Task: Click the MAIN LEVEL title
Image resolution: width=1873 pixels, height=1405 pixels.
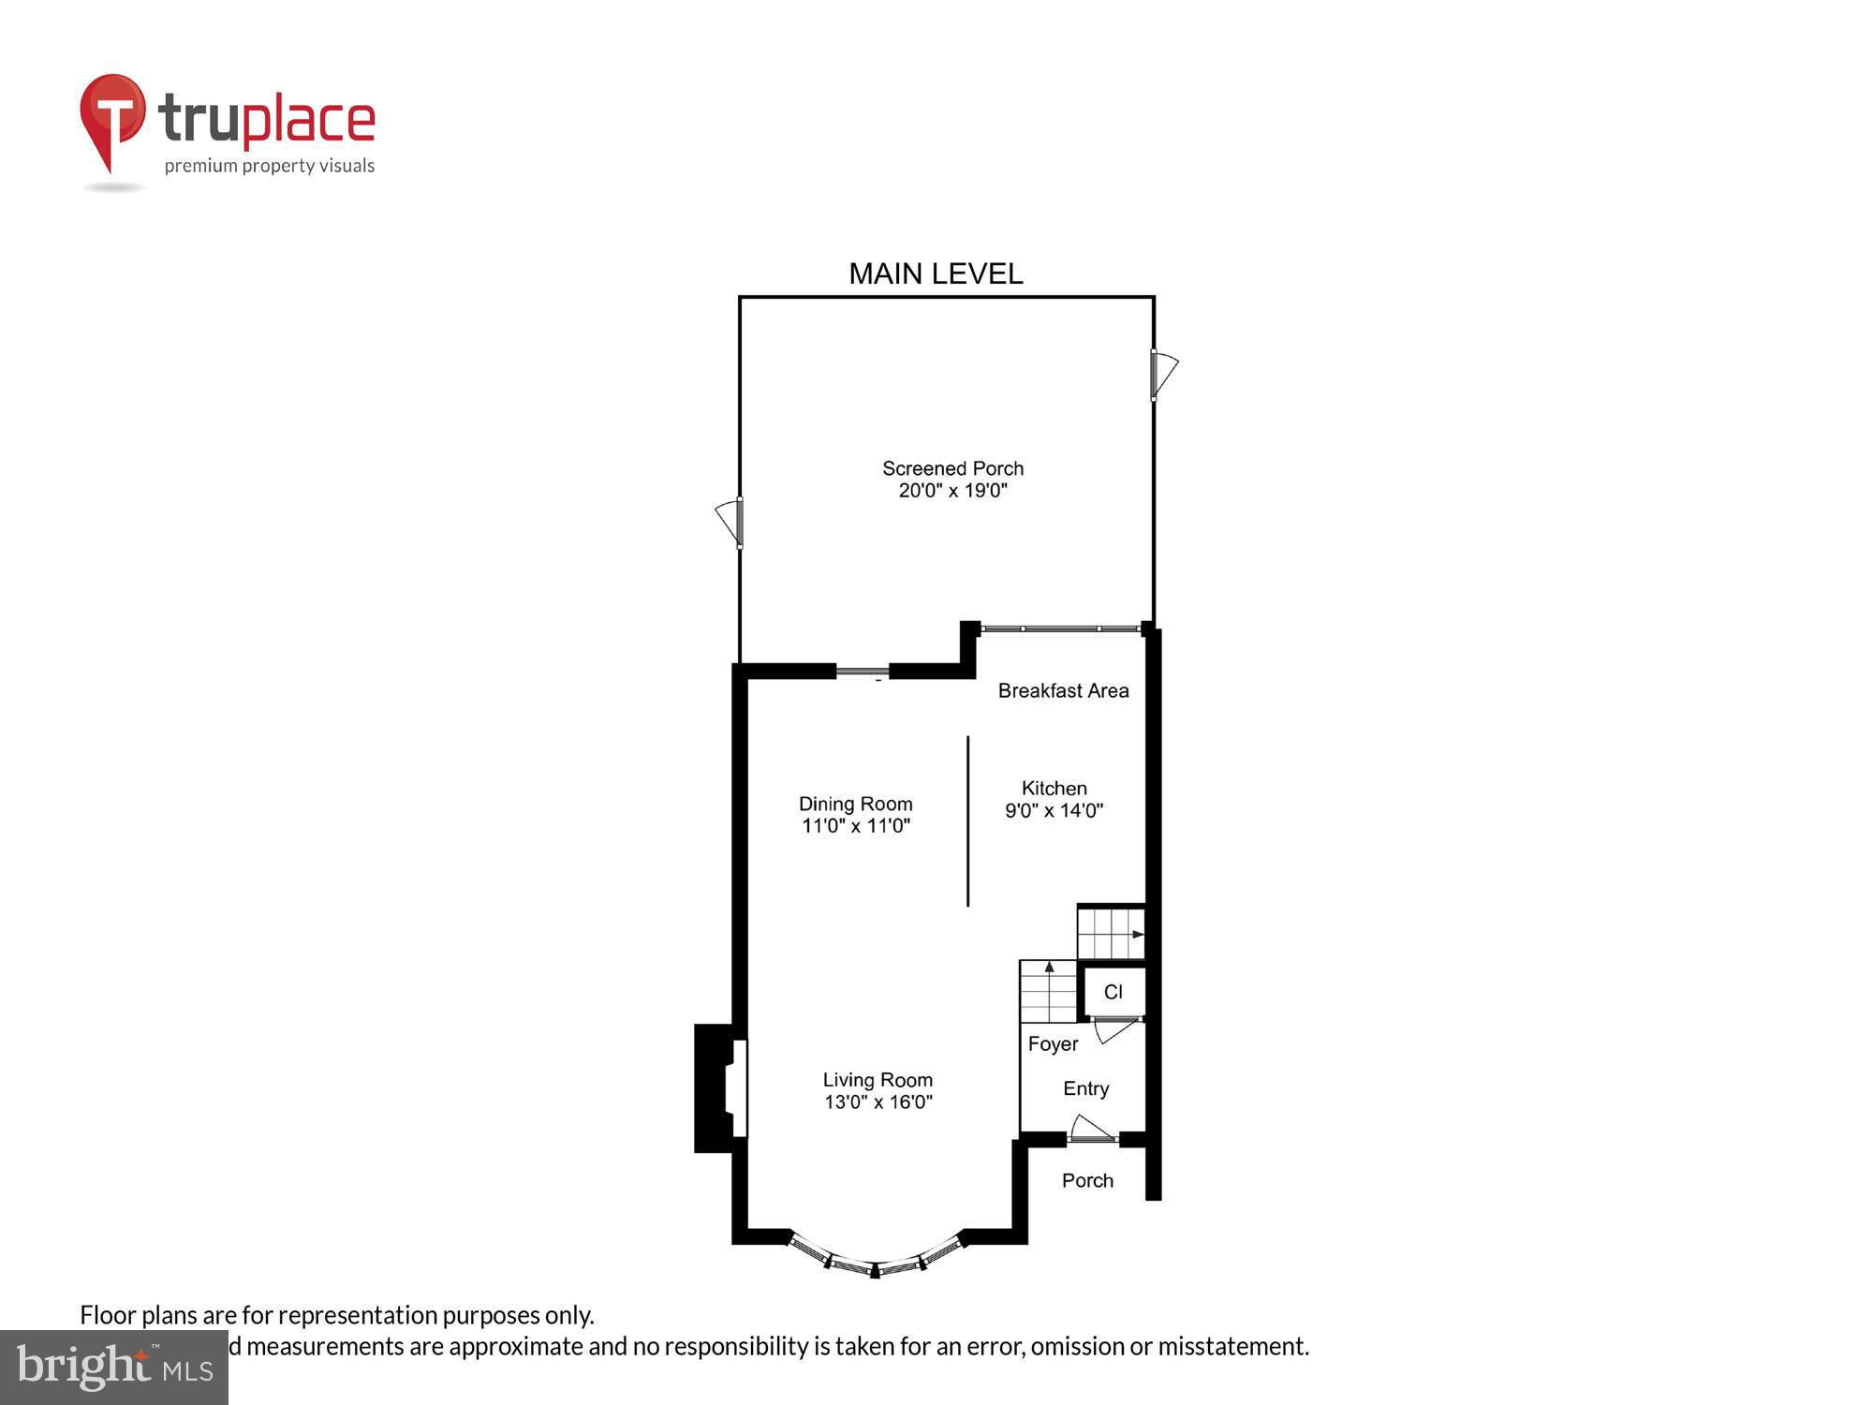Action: click(x=935, y=274)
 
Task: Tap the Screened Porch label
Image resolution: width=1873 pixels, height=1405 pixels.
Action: click(x=952, y=468)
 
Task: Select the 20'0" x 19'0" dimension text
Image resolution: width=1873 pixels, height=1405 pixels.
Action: click(x=952, y=491)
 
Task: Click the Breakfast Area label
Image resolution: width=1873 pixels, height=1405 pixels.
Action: click(x=1063, y=691)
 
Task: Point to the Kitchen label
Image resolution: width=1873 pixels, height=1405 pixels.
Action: click(x=1054, y=789)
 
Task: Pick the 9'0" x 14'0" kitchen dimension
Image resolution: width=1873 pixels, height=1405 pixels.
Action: click(x=1054, y=811)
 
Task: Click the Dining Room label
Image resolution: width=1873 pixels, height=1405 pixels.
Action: click(x=855, y=804)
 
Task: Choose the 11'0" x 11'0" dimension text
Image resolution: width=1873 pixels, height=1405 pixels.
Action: click(x=855, y=826)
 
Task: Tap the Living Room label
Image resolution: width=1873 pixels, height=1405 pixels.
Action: click(x=878, y=1080)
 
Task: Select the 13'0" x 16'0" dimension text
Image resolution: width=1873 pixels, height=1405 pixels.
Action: click(x=878, y=1102)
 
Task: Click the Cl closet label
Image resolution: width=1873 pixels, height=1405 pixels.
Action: click(x=1113, y=992)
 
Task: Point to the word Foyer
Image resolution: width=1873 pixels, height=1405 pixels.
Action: click(x=1053, y=1044)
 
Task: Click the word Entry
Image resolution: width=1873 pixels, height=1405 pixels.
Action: click(x=1085, y=1088)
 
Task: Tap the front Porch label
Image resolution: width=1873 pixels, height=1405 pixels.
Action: click(x=1087, y=1181)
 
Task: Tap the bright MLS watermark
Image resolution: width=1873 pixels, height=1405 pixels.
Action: click(x=114, y=1368)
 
